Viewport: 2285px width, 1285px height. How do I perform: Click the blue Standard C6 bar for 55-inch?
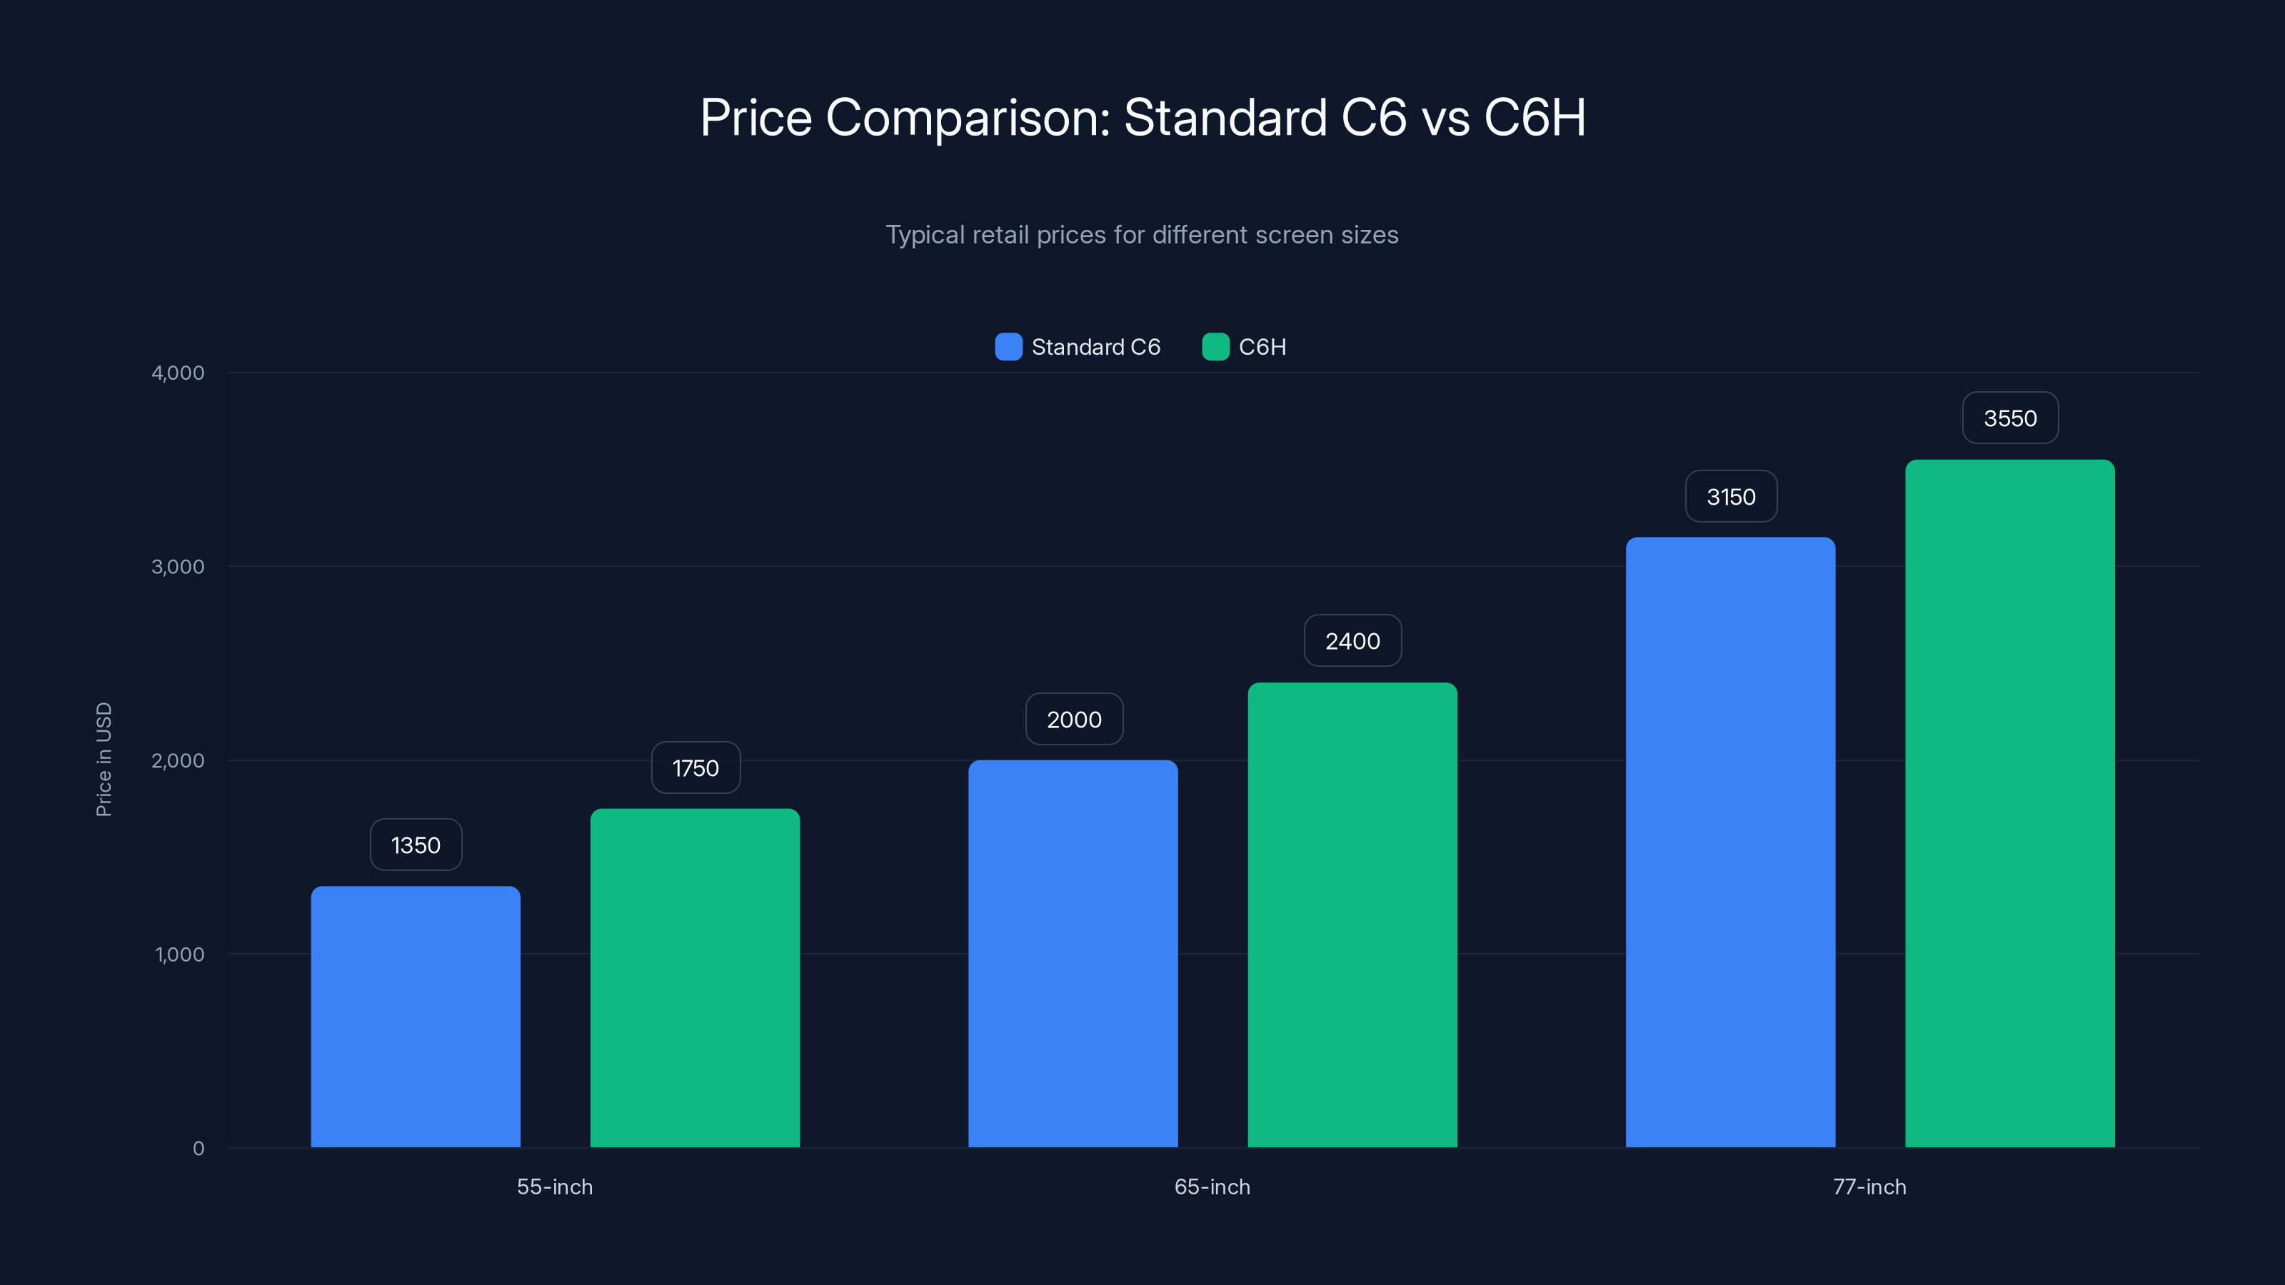coord(415,1017)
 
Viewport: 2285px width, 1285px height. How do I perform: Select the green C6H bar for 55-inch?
coord(695,977)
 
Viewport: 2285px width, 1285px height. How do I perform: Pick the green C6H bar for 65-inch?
coord(1352,914)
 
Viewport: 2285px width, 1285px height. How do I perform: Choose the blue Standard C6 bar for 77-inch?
coord(1729,842)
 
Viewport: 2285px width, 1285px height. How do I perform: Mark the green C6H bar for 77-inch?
coord(2009,802)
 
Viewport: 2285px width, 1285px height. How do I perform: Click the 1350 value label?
coord(415,845)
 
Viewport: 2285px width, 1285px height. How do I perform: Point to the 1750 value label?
coord(695,767)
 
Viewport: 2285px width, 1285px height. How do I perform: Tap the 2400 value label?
coord(1352,640)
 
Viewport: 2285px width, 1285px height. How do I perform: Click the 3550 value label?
coord(2009,418)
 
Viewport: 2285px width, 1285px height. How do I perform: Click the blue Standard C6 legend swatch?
coord(1008,347)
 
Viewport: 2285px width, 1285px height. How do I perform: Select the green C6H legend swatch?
coord(1215,347)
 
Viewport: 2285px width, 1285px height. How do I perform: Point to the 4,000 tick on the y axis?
coord(177,373)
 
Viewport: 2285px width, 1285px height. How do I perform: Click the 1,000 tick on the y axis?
coord(179,954)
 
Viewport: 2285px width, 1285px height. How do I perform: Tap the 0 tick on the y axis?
coord(198,1149)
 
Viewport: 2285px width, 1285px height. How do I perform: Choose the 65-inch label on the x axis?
coord(1212,1186)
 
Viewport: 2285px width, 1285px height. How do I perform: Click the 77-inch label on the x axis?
coord(1869,1186)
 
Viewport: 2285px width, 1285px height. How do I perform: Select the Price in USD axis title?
coord(104,759)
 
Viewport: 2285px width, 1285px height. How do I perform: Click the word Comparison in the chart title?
coord(968,117)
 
